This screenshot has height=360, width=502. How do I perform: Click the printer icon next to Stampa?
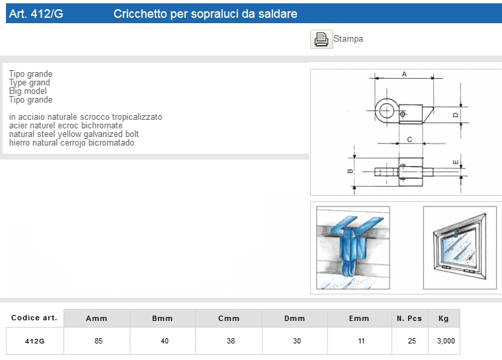click(x=321, y=39)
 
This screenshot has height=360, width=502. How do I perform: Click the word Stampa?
click(x=348, y=39)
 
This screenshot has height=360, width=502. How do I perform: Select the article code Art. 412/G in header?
click(x=36, y=13)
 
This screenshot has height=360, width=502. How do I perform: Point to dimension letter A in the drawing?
click(x=404, y=74)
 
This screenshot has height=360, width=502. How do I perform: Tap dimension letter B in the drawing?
click(x=350, y=172)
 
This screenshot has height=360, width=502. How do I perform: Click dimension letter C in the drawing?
click(x=410, y=139)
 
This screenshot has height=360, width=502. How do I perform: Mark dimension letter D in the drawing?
click(x=456, y=114)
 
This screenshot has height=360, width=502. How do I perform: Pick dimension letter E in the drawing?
click(x=456, y=161)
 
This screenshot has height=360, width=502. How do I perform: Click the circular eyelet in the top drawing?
click(x=386, y=109)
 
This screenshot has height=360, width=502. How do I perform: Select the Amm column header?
click(x=97, y=318)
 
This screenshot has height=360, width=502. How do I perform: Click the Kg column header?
click(x=444, y=318)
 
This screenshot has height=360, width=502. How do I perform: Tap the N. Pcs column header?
click(x=409, y=318)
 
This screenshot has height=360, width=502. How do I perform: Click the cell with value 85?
click(x=97, y=341)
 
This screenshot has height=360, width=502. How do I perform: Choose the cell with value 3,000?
click(x=444, y=341)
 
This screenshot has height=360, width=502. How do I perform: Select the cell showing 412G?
click(x=34, y=341)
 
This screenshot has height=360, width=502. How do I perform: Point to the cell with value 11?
click(x=359, y=341)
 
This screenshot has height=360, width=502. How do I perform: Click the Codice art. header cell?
click(x=34, y=318)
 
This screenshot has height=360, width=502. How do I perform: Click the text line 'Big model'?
click(x=28, y=91)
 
